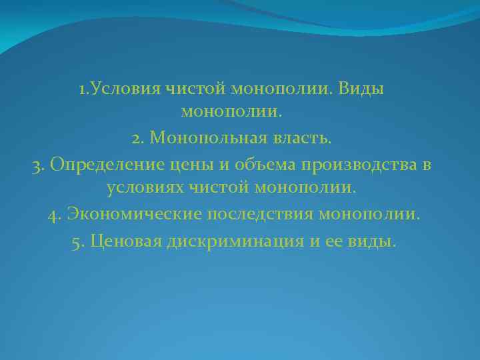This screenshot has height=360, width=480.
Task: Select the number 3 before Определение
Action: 35,165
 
